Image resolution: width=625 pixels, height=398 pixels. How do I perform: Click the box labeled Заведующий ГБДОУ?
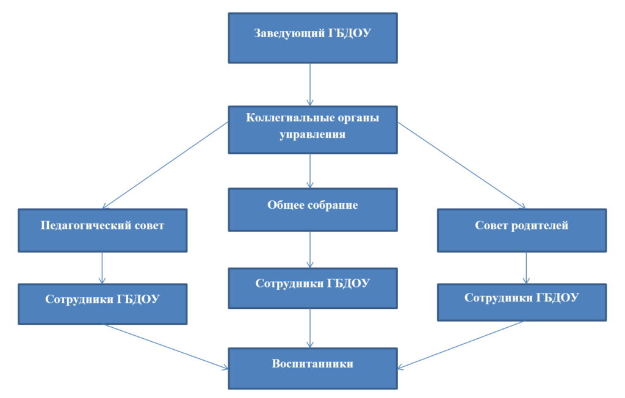[312, 38]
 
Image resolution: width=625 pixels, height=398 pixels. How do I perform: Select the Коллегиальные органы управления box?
[312, 129]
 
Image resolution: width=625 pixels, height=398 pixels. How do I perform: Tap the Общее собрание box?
[312, 210]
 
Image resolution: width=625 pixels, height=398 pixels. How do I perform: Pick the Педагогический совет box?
[103, 231]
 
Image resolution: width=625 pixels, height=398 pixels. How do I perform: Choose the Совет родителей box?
[522, 231]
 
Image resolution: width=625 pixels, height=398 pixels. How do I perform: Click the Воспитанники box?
[312, 369]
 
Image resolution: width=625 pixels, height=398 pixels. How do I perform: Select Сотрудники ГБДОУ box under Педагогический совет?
[103, 304]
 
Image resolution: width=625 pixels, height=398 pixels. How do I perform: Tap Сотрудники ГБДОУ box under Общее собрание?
[312, 288]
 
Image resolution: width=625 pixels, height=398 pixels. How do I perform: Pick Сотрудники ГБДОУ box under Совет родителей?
[522, 302]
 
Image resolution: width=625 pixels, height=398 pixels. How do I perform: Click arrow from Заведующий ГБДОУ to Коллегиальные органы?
[310, 85]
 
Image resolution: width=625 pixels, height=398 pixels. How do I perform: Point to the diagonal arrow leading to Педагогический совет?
[165, 165]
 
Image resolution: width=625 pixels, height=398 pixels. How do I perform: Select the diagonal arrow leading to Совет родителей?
[461, 165]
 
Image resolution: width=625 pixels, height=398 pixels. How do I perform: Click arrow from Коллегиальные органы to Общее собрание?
[310, 171]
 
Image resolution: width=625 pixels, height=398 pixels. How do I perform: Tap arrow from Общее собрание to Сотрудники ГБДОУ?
[310, 250]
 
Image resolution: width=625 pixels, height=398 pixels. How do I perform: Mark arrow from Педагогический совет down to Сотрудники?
[102, 268]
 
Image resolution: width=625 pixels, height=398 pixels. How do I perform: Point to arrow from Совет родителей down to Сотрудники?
[526, 268]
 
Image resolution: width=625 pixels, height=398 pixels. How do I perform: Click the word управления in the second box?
[312, 135]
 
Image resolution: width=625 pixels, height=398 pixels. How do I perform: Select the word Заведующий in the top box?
[289, 33]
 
